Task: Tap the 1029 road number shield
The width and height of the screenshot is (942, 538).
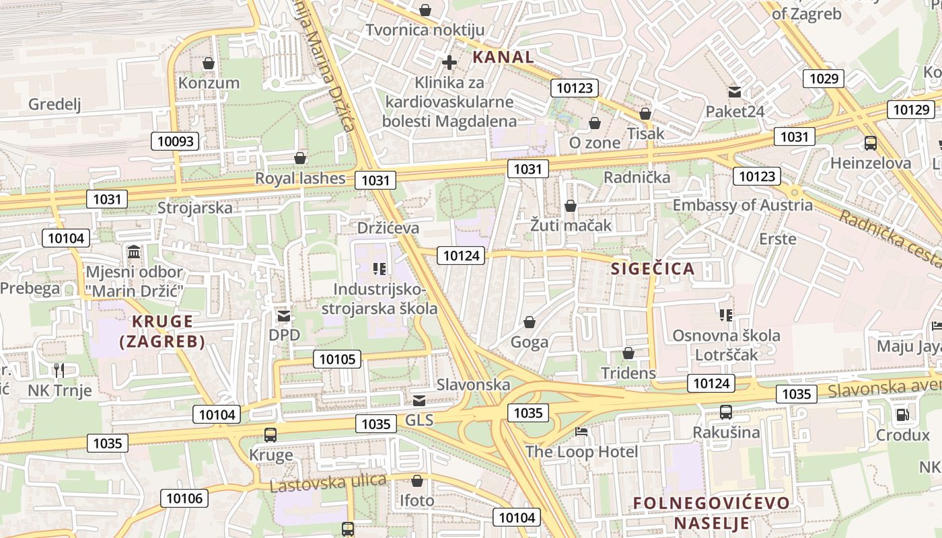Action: click(x=824, y=79)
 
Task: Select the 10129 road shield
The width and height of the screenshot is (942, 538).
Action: click(x=911, y=110)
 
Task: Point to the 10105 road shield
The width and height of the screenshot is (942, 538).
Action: click(x=337, y=359)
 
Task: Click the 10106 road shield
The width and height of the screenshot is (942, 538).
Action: click(x=184, y=498)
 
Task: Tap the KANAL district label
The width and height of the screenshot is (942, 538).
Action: click(x=503, y=57)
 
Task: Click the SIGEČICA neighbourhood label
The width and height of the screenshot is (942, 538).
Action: click(x=652, y=269)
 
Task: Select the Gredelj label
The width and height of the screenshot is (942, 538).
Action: click(x=55, y=104)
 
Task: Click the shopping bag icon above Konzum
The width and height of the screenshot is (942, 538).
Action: click(x=209, y=63)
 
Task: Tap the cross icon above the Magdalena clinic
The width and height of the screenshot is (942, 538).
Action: click(x=449, y=63)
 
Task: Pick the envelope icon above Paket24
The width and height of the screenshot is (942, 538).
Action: click(x=735, y=91)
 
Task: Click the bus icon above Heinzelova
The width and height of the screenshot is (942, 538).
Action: click(x=870, y=143)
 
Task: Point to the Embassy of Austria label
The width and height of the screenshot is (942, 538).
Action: click(x=742, y=205)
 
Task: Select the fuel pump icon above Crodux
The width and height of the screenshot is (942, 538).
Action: click(x=902, y=415)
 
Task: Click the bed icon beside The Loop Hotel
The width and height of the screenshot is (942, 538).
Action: click(x=581, y=431)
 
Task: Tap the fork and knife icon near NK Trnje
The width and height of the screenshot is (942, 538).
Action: click(x=59, y=370)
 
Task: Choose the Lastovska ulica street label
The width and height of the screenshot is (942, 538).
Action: click(x=328, y=482)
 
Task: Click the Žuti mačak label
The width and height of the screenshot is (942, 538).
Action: click(x=571, y=225)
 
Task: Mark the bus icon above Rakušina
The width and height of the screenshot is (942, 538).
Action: click(x=725, y=412)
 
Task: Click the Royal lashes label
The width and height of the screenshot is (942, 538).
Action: click(x=299, y=179)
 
